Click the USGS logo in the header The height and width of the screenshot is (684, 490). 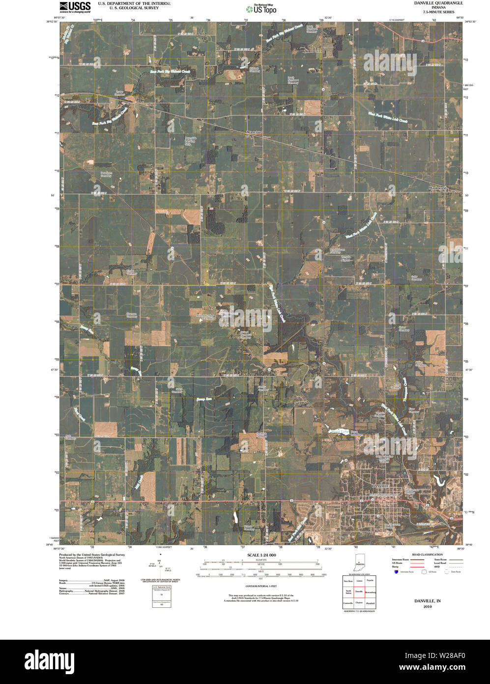[75, 6]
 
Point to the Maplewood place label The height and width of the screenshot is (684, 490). [439, 188]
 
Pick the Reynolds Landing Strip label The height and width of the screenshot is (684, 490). [190, 141]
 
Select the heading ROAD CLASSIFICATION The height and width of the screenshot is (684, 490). [424, 555]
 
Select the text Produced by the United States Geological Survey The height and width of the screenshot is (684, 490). [92, 555]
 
